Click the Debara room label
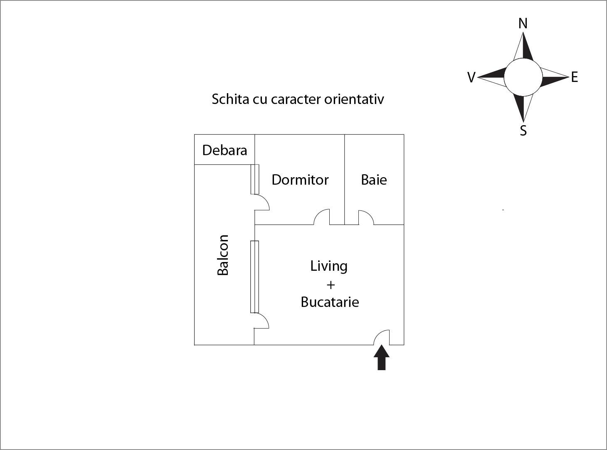225,150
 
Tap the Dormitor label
300,180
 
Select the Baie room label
374,180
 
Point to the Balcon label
223,255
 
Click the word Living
328,266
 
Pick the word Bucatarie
330,302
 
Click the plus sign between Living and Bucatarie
331,285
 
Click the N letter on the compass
523,24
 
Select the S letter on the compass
523,131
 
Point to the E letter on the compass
574,77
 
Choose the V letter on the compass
471,77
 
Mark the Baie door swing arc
365,217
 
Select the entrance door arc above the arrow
381,337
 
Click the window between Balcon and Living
254,277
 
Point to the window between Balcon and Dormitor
255,179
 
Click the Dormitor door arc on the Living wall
321,216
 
